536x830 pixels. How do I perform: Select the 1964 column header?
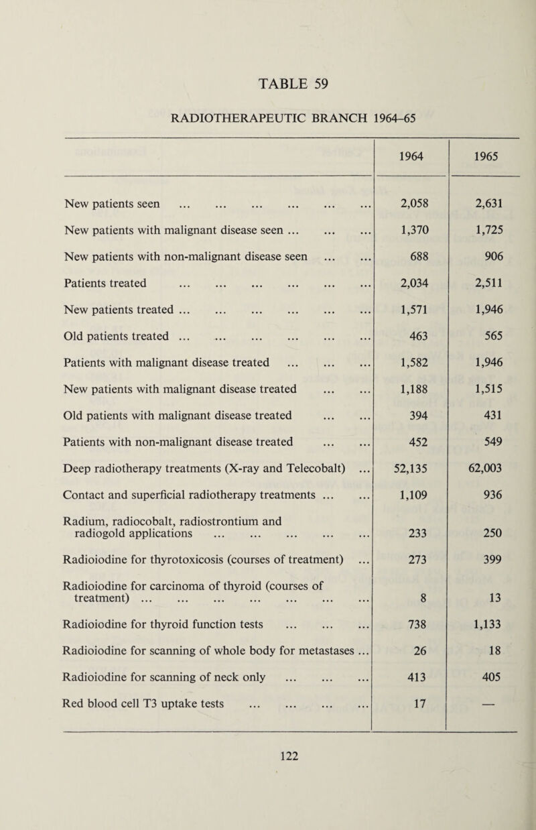click(409, 152)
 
